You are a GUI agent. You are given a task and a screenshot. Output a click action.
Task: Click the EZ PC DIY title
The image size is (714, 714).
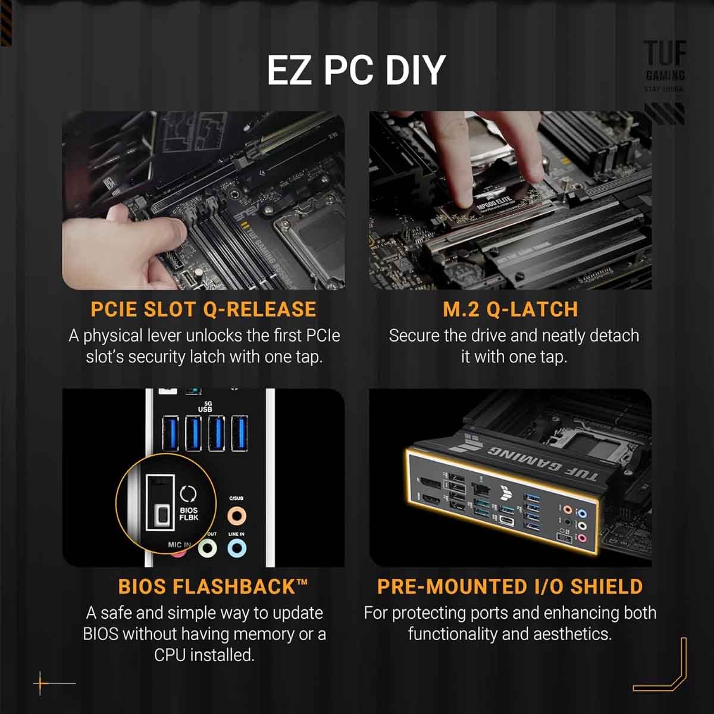[356, 70]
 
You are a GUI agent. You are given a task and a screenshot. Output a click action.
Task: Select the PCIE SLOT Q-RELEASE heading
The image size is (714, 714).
[203, 309]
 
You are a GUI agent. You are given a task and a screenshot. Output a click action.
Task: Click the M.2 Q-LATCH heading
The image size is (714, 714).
[511, 309]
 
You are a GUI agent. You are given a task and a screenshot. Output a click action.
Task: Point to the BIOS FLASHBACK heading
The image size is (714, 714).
[213, 587]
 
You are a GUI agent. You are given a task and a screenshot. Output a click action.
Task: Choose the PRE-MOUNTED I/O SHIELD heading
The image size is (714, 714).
[510, 587]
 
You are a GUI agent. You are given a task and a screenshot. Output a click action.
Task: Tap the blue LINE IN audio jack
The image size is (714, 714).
[236, 549]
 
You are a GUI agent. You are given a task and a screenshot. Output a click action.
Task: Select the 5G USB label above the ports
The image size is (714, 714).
[205, 406]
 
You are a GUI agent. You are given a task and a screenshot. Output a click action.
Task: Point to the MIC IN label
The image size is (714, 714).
[180, 544]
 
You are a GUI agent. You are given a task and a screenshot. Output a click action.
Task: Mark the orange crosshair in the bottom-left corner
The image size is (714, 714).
[41, 683]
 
